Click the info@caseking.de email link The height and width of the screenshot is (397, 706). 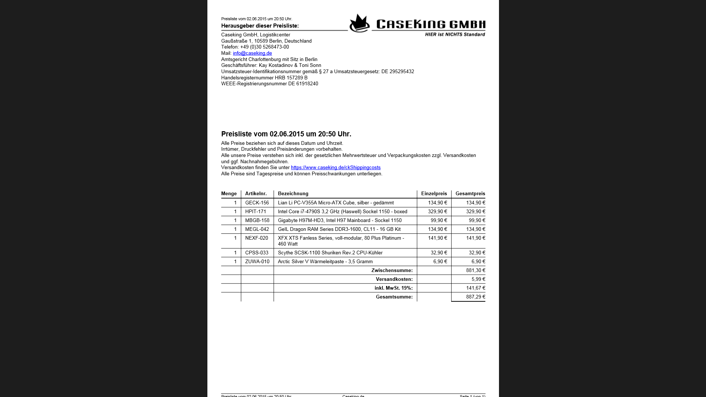252,53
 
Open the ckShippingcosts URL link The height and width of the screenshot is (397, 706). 335,168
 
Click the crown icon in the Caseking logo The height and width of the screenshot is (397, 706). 359,24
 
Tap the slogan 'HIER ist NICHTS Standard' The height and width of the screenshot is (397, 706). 455,35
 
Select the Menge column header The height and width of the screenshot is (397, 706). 229,194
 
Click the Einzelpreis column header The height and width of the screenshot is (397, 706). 434,194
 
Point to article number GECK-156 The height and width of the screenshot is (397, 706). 257,203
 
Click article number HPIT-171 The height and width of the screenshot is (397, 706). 256,212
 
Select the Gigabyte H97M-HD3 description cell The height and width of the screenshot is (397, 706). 339,221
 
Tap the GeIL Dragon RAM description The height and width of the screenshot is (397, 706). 339,229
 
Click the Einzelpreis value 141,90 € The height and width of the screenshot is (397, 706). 437,238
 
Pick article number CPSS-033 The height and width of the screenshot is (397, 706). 257,253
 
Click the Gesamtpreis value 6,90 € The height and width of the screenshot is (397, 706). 478,262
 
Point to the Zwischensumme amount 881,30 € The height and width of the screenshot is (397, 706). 475,271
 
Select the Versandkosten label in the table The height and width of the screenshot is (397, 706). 394,279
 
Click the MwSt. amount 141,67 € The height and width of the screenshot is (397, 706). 475,288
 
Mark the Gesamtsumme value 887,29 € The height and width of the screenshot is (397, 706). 475,297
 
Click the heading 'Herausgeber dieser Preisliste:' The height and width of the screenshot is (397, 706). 260,26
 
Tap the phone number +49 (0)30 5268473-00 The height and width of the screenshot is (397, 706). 264,47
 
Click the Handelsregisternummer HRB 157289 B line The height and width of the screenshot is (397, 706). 264,78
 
